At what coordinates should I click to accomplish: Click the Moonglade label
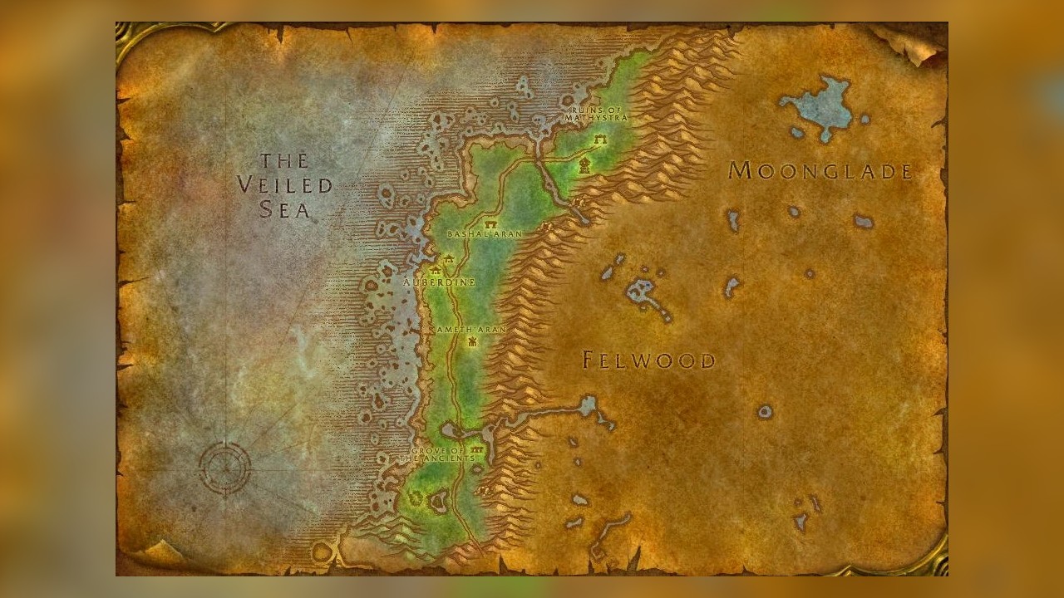pos(820,171)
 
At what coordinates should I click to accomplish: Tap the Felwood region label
pos(648,360)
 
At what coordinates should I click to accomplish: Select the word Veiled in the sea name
pos(284,185)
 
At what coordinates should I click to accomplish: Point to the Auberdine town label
pos(439,282)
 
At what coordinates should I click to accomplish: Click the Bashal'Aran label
pos(485,234)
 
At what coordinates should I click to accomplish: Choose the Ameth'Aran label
pos(471,330)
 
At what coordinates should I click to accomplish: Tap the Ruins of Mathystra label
pos(595,114)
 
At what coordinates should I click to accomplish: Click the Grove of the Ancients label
pos(439,454)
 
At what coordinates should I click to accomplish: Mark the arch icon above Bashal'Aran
pos(490,223)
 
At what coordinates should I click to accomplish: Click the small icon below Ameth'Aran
pos(472,341)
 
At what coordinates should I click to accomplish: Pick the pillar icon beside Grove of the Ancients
pos(476,449)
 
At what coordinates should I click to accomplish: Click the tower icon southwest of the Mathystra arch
pos(585,164)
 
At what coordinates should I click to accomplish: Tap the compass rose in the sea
pos(224,468)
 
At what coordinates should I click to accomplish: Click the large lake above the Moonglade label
pos(821,106)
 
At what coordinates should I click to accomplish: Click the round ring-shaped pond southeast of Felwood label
pos(765,411)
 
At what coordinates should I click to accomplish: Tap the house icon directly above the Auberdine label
pos(435,269)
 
